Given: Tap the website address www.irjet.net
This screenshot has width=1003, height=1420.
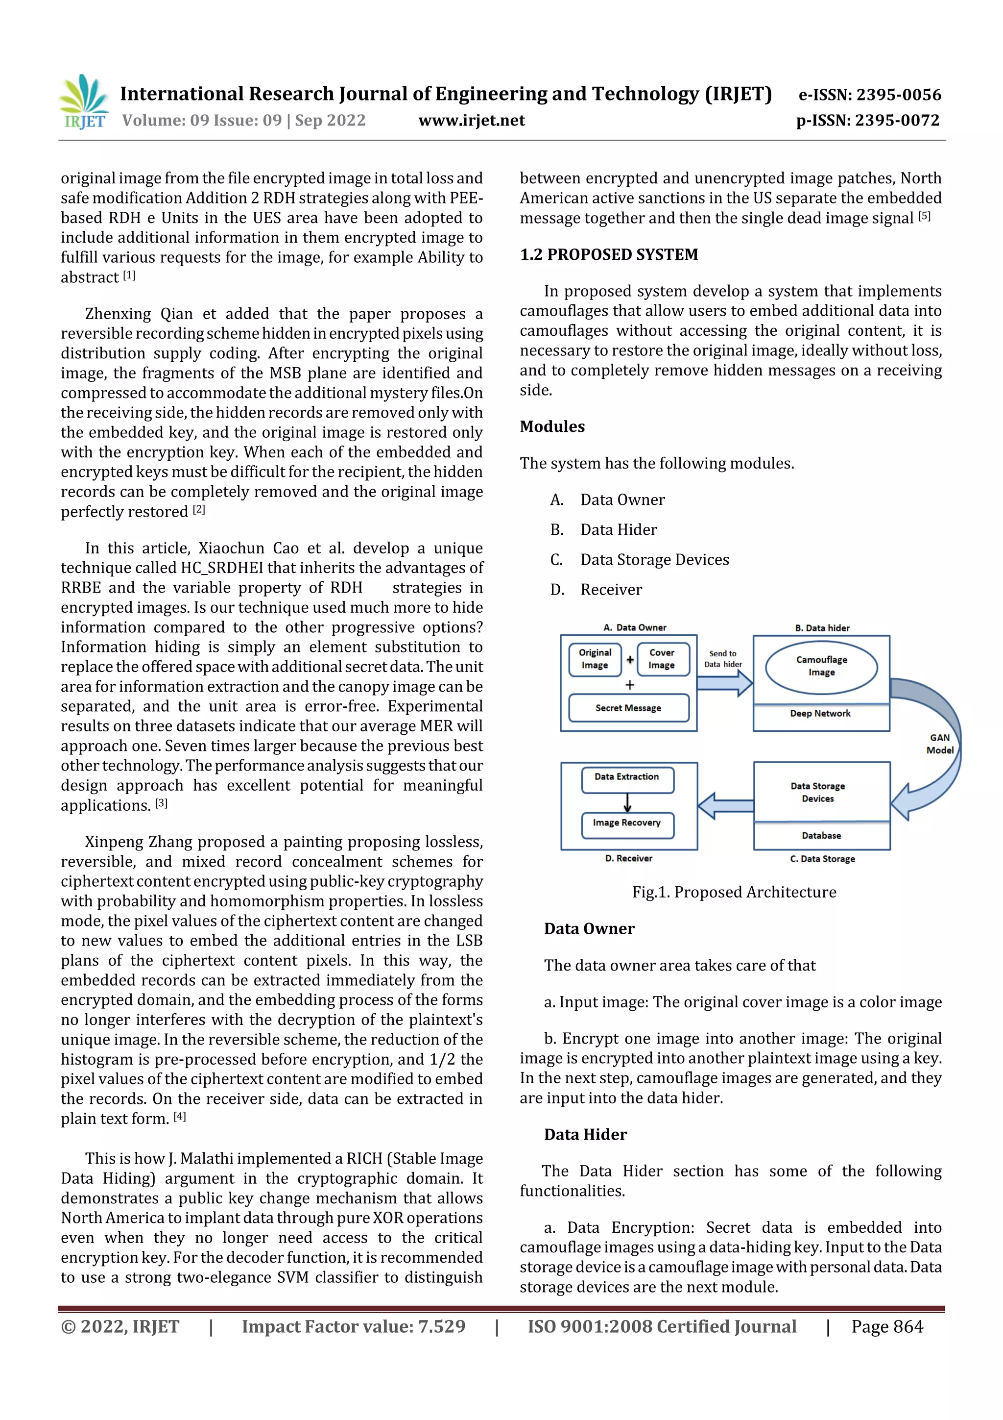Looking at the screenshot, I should (x=472, y=121).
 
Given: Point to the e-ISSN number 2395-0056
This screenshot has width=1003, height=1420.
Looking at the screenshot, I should (x=869, y=95).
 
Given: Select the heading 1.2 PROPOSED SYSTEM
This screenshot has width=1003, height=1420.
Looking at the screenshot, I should (x=609, y=255).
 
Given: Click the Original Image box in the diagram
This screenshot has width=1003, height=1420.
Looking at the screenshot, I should (x=595, y=659).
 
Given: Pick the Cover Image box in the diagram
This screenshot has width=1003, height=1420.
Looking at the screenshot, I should (x=661, y=659).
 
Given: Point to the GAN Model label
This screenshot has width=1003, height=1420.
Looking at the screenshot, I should (x=939, y=744).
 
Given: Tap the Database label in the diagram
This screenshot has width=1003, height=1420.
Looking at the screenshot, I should (x=821, y=836).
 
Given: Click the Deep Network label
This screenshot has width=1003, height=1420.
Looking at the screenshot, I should (x=820, y=714).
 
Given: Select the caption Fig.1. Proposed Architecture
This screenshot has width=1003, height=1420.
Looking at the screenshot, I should (x=734, y=892).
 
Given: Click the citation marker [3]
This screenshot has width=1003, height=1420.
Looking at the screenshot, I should (x=161, y=803).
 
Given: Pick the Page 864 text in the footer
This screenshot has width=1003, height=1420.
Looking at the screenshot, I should (x=887, y=1326).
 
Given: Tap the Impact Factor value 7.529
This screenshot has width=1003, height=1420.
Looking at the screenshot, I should (x=354, y=1326).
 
